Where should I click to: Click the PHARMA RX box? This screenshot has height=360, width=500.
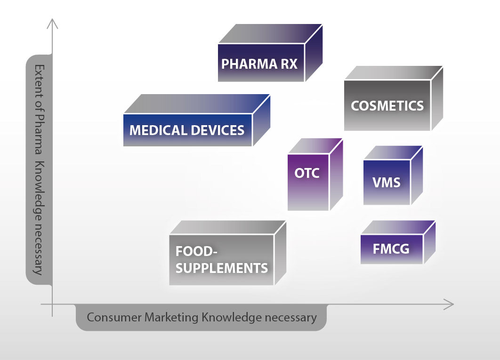260,64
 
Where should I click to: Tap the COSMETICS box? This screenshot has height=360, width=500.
387,105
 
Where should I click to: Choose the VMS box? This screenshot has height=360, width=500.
387,182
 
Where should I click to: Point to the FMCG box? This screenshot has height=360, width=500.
391,248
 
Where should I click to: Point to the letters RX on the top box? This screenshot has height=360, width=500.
288,64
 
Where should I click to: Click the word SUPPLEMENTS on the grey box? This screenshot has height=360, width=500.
221,268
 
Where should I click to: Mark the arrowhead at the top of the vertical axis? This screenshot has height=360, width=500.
53,22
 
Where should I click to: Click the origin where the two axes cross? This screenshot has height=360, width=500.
53,304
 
